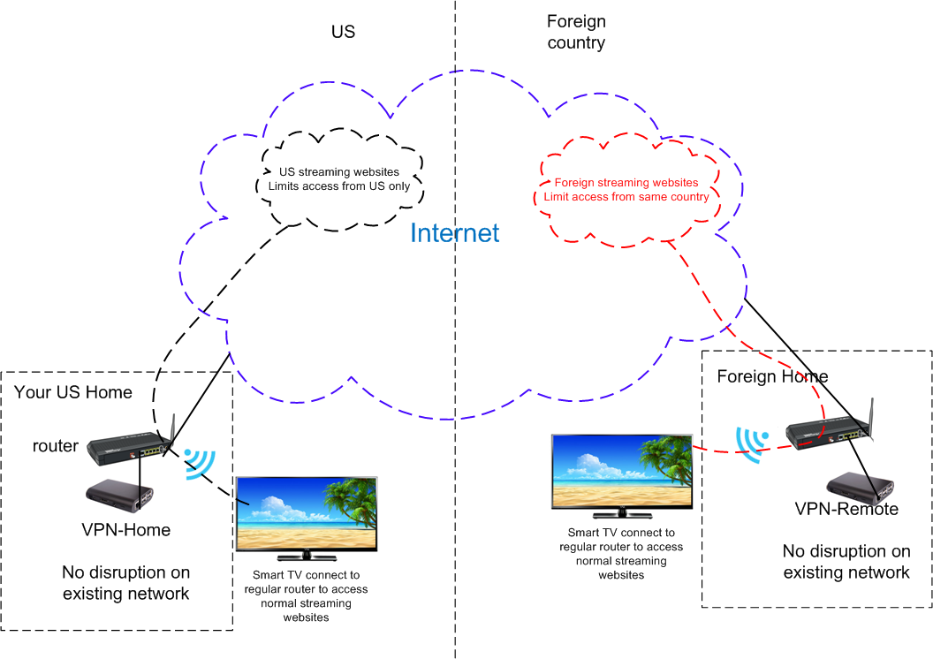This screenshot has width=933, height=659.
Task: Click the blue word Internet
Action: tap(455, 233)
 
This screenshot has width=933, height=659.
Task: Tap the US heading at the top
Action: tap(343, 32)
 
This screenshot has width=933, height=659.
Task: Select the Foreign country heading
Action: tap(576, 32)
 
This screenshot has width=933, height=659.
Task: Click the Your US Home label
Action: tap(73, 392)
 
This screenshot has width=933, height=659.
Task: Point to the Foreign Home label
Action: tap(772, 377)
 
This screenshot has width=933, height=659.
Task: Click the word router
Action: tap(56, 446)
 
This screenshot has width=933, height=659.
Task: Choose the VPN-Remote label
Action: tap(846, 509)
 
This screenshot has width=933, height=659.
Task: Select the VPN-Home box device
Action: tap(120, 496)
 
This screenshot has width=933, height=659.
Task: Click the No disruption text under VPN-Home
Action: tap(125, 583)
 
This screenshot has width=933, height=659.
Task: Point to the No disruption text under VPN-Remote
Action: tap(846, 562)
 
